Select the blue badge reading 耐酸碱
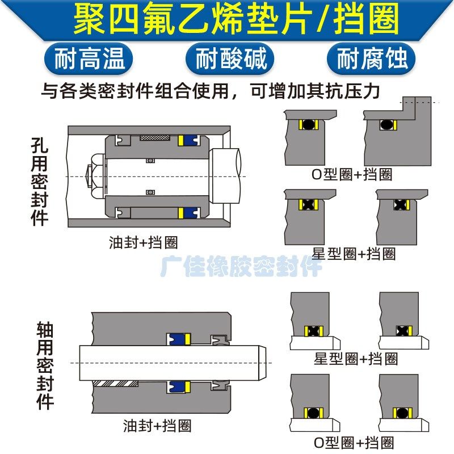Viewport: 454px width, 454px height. pos(230,58)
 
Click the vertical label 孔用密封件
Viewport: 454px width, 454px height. pos(39,180)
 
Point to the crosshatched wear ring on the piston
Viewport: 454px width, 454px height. pos(155,138)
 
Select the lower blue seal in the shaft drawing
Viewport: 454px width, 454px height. pos(178,387)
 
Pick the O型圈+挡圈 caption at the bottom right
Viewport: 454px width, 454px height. pos(354,442)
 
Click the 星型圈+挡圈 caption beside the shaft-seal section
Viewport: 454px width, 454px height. pos(356,359)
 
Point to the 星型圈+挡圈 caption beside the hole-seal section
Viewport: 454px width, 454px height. pos(354,253)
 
